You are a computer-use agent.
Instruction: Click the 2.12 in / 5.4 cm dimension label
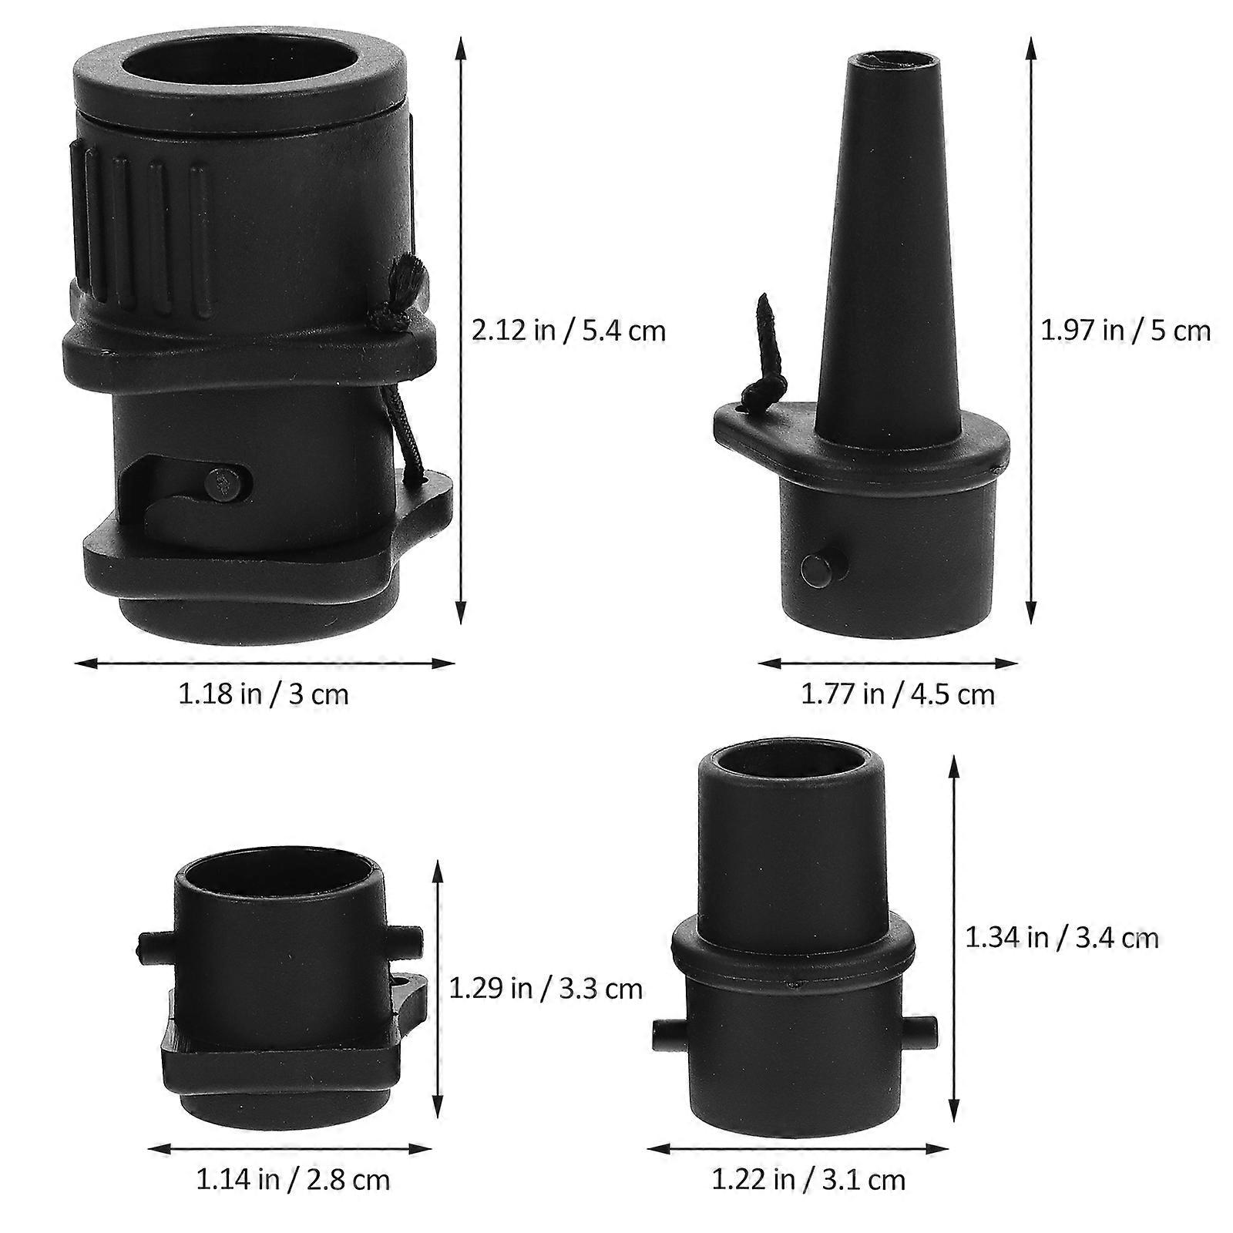568,331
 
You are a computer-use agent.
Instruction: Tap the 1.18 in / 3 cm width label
264,694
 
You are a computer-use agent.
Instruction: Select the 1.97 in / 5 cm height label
1126,331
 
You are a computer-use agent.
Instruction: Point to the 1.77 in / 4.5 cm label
898,694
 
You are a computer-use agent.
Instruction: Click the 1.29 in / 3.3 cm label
546,988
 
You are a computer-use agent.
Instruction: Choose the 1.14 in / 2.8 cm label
293,1179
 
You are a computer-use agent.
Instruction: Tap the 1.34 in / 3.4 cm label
1062,937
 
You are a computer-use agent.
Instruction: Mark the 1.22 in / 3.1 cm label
808,1179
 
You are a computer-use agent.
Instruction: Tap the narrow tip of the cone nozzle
892,59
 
